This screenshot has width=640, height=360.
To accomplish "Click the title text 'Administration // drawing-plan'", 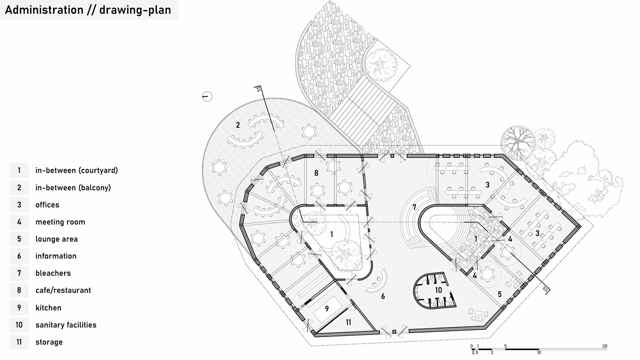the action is click(x=88, y=10).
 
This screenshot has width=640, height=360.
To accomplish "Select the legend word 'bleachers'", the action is click(x=53, y=273).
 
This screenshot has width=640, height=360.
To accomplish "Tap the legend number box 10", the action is click(x=19, y=325).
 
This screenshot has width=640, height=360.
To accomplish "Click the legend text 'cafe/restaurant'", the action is click(x=63, y=290).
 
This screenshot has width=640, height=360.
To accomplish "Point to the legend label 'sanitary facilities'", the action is click(x=66, y=325).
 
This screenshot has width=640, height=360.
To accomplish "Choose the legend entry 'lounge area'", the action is click(x=56, y=239).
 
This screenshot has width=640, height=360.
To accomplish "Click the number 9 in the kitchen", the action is click(x=327, y=309).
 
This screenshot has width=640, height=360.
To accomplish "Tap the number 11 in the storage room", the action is click(x=348, y=322).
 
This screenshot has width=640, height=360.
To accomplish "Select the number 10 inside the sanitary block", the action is click(x=438, y=290).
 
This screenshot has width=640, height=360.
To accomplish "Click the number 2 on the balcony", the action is click(x=238, y=125).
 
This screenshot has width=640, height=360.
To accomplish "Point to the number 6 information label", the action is click(x=383, y=296).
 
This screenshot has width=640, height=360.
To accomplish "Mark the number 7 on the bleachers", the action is click(x=414, y=207).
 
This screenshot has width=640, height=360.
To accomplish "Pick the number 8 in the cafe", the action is click(x=316, y=173).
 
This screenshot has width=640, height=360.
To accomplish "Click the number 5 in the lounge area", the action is click(x=499, y=294).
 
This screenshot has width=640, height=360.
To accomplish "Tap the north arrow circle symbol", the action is click(x=207, y=97).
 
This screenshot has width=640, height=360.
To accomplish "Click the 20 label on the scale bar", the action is click(x=605, y=346).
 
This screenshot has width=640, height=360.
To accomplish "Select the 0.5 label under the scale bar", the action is click(x=475, y=353).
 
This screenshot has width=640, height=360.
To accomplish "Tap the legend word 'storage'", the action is click(x=49, y=342).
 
